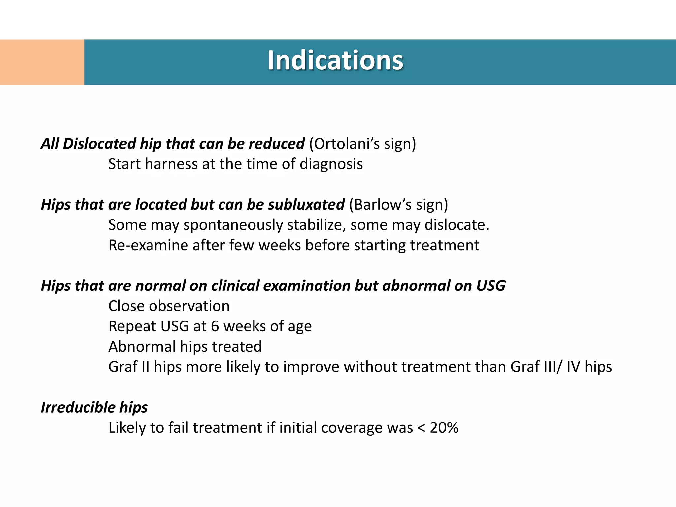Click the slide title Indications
[x=335, y=60]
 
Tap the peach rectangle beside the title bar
[x=42, y=62]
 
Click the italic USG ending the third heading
[x=490, y=286]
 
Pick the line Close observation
[x=169, y=306]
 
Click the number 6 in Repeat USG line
[x=215, y=326]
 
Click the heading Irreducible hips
[x=94, y=408]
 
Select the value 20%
[x=444, y=428]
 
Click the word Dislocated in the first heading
[x=99, y=144]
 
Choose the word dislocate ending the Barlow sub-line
[x=455, y=225]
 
